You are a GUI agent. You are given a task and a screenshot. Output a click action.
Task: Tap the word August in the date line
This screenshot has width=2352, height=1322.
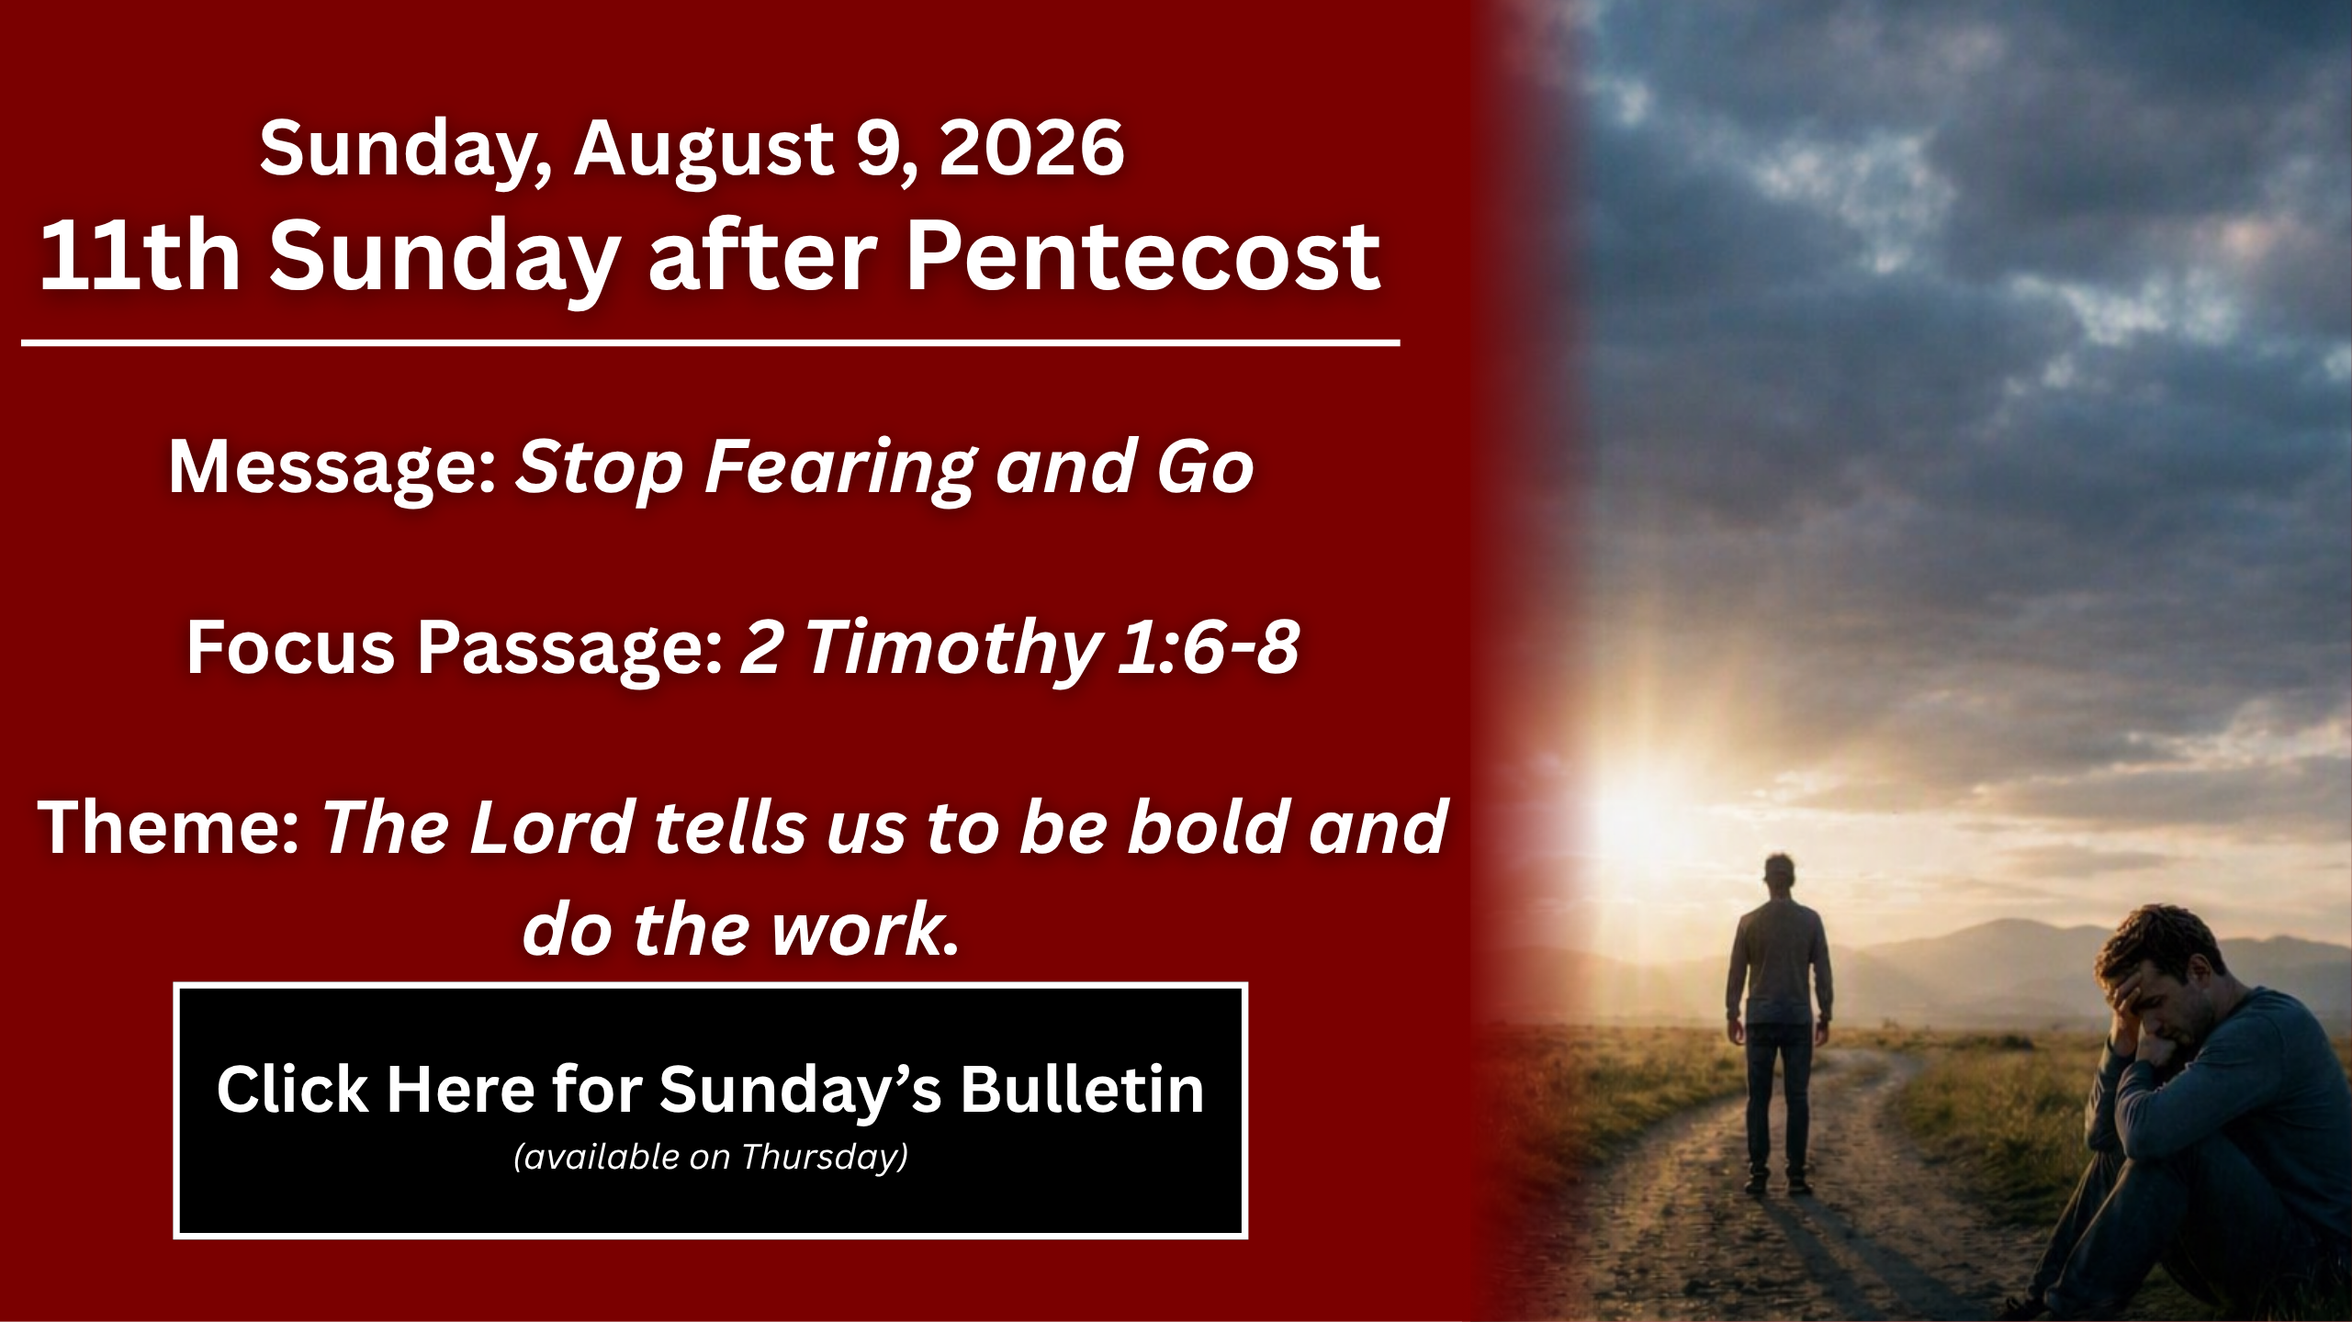pyautogui.click(x=703, y=152)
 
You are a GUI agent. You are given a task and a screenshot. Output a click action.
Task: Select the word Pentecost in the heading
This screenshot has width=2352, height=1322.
pyautogui.click(x=1143, y=257)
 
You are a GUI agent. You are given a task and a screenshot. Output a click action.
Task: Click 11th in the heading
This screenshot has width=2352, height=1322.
pyautogui.click(x=140, y=257)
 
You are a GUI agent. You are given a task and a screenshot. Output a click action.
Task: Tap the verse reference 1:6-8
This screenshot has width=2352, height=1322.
pyautogui.click(x=1209, y=646)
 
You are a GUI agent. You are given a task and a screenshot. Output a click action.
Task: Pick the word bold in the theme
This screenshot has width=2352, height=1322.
pyautogui.click(x=1206, y=827)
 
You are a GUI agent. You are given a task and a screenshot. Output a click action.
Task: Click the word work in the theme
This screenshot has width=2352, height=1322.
pyautogui.click(x=855, y=930)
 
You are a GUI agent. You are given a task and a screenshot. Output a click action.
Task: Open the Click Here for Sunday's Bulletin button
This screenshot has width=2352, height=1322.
pyautogui.click(x=710, y=1110)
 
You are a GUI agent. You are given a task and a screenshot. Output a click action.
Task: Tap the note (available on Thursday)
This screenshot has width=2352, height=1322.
pyautogui.click(x=710, y=1157)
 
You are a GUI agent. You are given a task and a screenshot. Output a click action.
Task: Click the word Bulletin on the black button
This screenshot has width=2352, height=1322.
pyautogui.click(x=1082, y=1090)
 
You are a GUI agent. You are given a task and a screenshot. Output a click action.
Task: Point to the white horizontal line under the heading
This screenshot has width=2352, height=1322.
pyautogui.click(x=710, y=343)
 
